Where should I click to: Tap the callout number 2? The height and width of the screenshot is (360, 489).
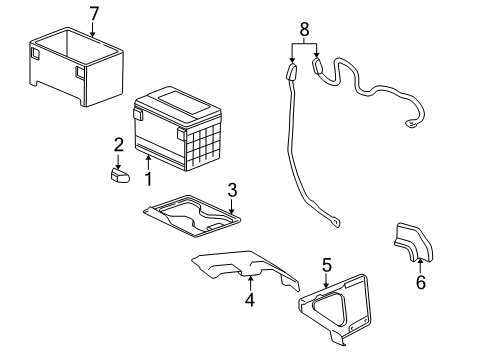click(117, 145)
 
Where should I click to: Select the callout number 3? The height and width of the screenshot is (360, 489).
click(231, 189)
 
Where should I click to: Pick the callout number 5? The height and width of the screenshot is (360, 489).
click(325, 265)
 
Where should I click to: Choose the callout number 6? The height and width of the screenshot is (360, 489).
click(420, 282)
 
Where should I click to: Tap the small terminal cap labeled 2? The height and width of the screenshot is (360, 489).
click(119, 174)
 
